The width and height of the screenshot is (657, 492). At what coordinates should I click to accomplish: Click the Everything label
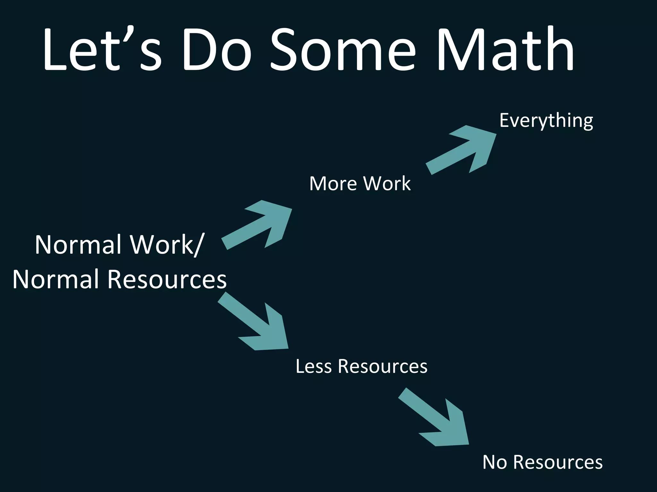(546, 121)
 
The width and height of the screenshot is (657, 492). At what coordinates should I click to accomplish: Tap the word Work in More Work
(387, 184)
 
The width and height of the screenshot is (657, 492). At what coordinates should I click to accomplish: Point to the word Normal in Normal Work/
(80, 245)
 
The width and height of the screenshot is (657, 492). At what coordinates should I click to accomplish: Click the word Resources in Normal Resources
(167, 279)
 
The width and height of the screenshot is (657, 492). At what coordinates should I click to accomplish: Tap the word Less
(313, 366)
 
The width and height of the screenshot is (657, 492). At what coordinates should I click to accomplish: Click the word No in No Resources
(494, 462)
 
